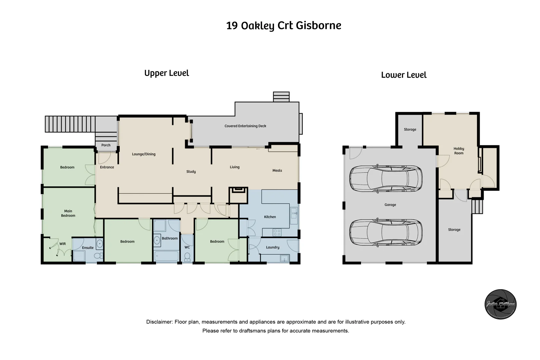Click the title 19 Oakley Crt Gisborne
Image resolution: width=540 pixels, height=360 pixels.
pyautogui.click(x=284, y=26)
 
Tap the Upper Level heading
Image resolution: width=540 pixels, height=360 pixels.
pyautogui.click(x=166, y=73)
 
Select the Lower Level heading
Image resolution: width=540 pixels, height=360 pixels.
pyautogui.click(x=404, y=75)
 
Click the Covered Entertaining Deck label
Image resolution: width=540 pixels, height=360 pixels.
pyautogui.click(x=245, y=126)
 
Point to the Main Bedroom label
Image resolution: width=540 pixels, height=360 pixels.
pyautogui.click(x=68, y=213)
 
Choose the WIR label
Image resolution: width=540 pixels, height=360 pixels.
pyautogui.click(x=63, y=244)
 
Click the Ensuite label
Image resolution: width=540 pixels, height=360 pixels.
pyautogui.click(x=88, y=248)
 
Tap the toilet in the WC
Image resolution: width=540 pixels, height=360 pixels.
pyautogui.click(x=187, y=256)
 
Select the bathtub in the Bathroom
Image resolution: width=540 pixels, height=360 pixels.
pyautogui.click(x=166, y=256)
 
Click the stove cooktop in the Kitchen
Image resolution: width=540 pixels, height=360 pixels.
pyautogui.click(x=277, y=232)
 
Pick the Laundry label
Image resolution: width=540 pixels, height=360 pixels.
pyautogui.click(x=273, y=247)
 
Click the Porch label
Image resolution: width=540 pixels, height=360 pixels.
pyautogui.click(x=106, y=145)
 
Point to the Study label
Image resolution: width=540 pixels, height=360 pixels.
pyautogui.click(x=191, y=172)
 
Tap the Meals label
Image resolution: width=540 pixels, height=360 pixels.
pyautogui.click(x=277, y=170)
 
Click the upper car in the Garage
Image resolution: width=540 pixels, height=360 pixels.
pyautogui.click(x=386, y=178)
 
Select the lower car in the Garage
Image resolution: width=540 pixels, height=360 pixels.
pyautogui.click(x=386, y=232)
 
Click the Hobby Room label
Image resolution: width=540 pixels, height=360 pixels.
pyautogui.click(x=459, y=151)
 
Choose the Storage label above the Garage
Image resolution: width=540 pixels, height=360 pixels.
pyautogui.click(x=410, y=129)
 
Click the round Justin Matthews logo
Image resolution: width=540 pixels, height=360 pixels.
pyautogui.click(x=500, y=304)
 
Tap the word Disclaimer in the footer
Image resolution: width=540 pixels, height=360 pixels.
pyautogui.click(x=159, y=322)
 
